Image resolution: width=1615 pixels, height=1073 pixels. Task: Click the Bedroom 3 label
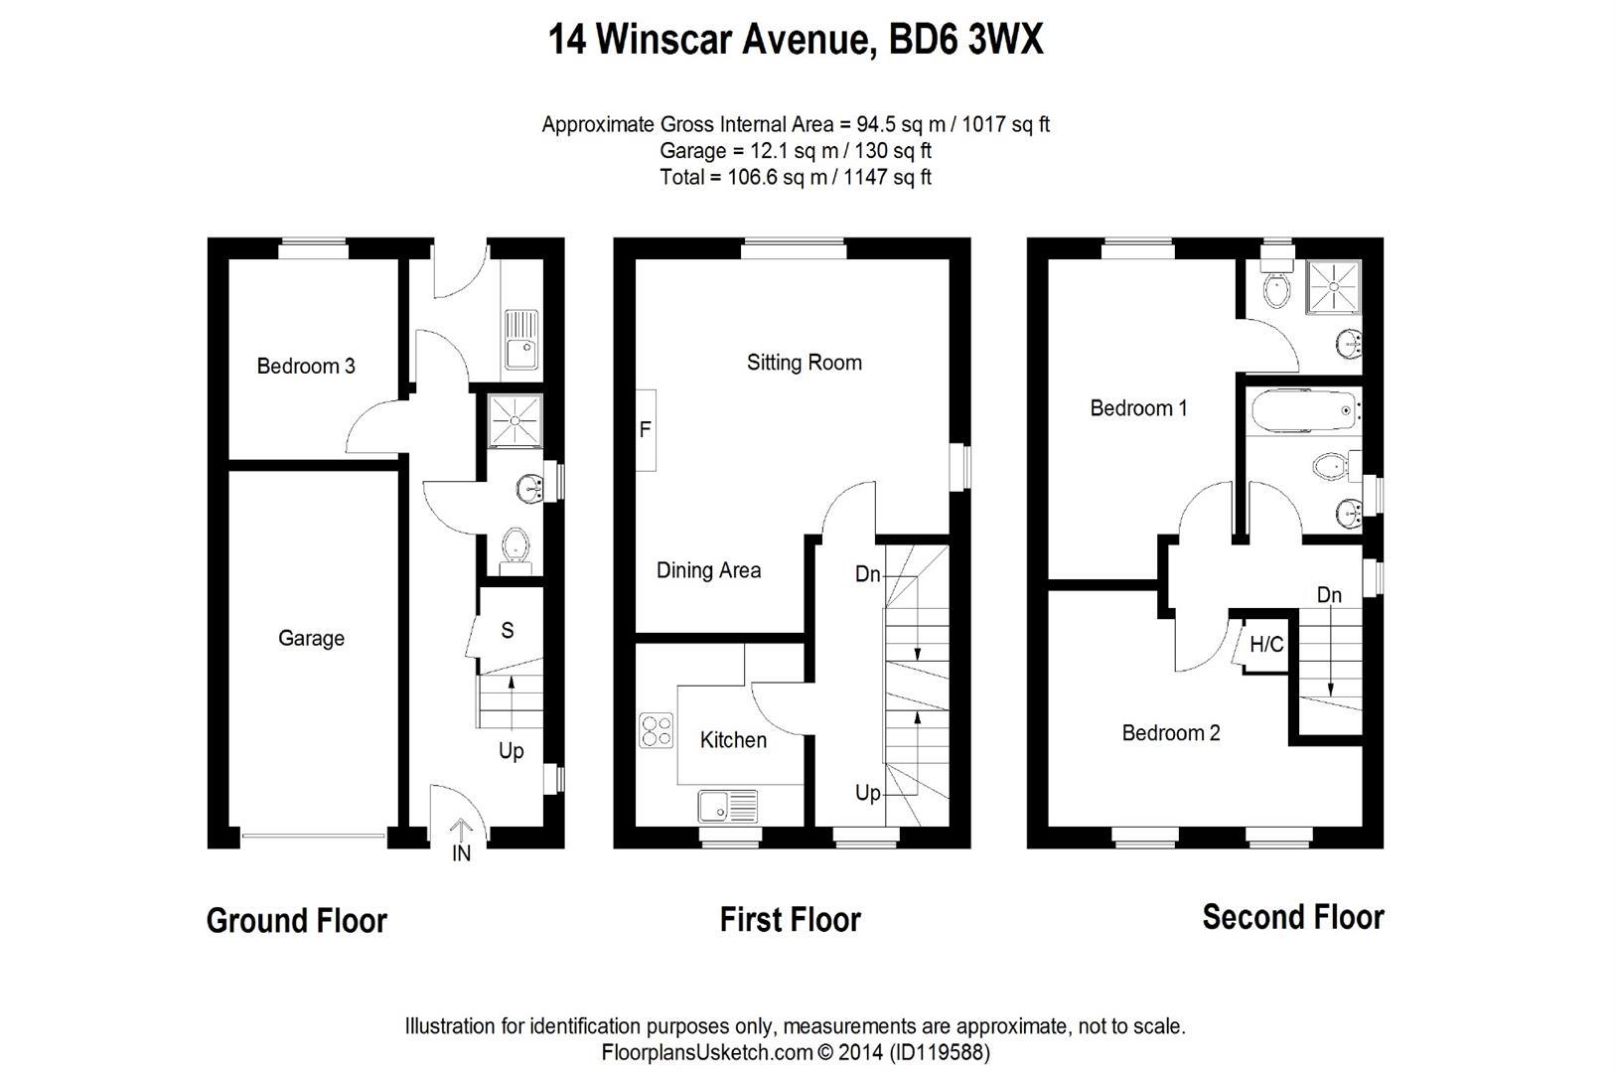coord(305,366)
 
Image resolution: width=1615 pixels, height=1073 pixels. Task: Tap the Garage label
coord(311,638)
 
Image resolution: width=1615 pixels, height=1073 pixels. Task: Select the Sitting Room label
coord(804,363)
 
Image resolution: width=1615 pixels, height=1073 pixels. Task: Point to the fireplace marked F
coord(646,430)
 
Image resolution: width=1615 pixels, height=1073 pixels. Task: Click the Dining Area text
coord(708,570)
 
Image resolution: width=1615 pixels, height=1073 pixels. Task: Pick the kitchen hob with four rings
coord(656,730)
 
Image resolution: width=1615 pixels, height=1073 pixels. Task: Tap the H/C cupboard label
coord(1265,645)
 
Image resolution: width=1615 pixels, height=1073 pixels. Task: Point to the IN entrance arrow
coord(461,830)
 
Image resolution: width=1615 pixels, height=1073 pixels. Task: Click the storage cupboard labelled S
coord(508,630)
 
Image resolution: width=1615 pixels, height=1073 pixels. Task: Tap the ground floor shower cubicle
coord(515,420)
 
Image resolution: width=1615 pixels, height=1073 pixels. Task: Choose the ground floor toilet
coord(514,548)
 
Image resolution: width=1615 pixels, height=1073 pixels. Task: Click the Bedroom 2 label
coord(1170,733)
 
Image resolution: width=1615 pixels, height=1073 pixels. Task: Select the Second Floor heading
coord(1292,917)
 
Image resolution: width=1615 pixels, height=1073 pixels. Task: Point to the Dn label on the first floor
coord(867,574)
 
